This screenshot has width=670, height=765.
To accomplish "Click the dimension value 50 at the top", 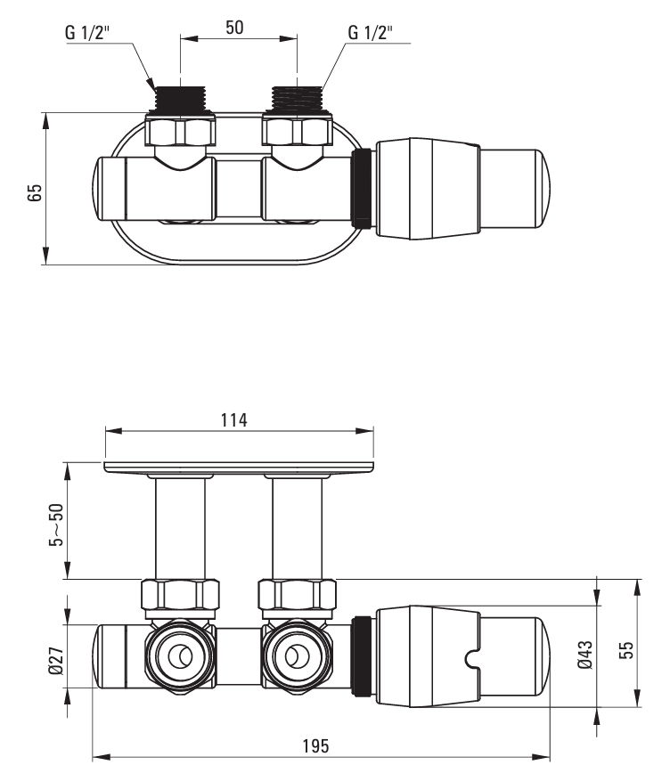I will [234, 27].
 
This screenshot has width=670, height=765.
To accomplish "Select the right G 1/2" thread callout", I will [371, 34].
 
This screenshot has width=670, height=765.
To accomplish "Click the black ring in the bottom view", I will [362, 656].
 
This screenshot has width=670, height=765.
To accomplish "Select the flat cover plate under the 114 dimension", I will [239, 467].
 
